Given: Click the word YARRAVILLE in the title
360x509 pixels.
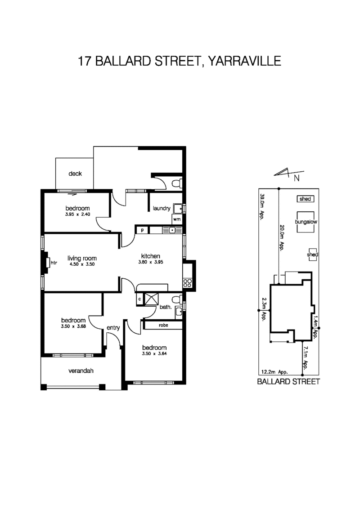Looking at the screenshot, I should pyautogui.click(x=244, y=61).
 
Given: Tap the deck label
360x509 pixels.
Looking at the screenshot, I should pyautogui.click(x=75, y=174).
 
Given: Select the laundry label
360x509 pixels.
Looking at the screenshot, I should pyautogui.click(x=161, y=208).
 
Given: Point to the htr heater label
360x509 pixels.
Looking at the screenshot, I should pyautogui.click(x=54, y=263).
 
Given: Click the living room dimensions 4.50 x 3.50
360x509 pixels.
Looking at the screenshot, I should pyautogui.click(x=82, y=264).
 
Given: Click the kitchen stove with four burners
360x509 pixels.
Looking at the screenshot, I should pyautogui.click(x=187, y=283).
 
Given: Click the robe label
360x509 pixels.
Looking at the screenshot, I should pyautogui.click(x=162, y=325).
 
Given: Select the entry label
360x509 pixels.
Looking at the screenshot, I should pyautogui.click(x=113, y=328).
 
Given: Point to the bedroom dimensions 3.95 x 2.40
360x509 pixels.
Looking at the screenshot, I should pyautogui.click(x=77, y=214).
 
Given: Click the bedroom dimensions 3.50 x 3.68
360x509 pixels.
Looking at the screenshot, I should pyautogui.click(x=73, y=326).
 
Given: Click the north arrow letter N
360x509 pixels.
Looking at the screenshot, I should pyautogui.click(x=297, y=179).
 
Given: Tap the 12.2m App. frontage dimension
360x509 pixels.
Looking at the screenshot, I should pyautogui.click(x=274, y=372).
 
